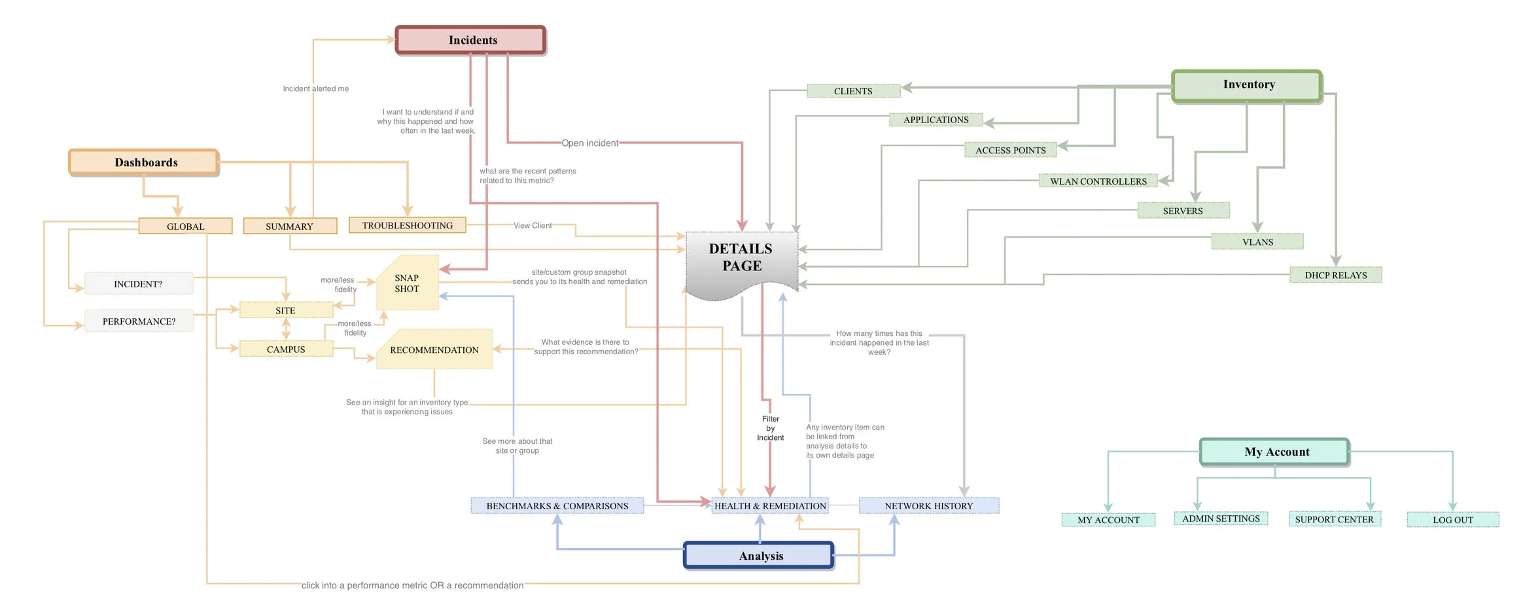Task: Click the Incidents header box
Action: (470, 40)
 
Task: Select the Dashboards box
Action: (144, 162)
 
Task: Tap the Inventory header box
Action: (1246, 85)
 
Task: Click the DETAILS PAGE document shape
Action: (741, 259)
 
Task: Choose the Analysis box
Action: (758, 555)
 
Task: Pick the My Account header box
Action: (1274, 452)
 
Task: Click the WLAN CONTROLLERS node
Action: (1098, 181)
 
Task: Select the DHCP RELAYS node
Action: (1335, 275)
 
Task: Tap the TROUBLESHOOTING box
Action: (407, 225)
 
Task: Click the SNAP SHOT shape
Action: (406, 283)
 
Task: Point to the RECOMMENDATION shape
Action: (434, 350)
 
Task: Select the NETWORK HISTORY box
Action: (928, 505)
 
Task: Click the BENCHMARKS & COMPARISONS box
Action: (557, 505)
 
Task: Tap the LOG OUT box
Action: (1452, 520)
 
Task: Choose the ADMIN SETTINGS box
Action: (1220, 518)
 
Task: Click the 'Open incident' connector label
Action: (589, 143)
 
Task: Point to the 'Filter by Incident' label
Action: (770, 428)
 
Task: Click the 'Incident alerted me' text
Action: (315, 88)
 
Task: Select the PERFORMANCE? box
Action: (139, 321)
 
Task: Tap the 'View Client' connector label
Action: (532, 225)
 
